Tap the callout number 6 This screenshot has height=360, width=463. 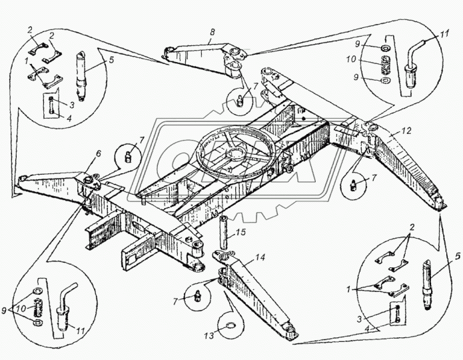[x=98, y=154]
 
